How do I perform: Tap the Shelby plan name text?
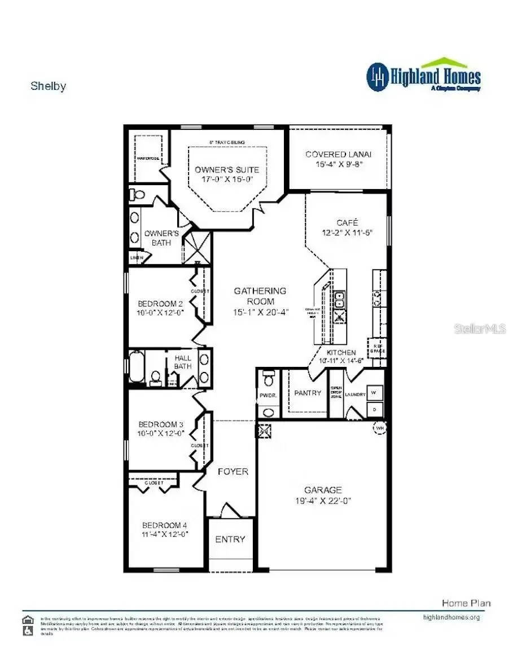(48, 86)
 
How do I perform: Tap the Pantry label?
(308, 393)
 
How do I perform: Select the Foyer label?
(233, 471)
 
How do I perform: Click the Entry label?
(230, 539)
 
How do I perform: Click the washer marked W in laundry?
(375, 391)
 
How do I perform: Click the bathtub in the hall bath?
(137, 367)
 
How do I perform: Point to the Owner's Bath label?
(161, 238)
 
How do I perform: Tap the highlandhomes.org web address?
(451, 617)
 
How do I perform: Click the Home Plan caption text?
(466, 603)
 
